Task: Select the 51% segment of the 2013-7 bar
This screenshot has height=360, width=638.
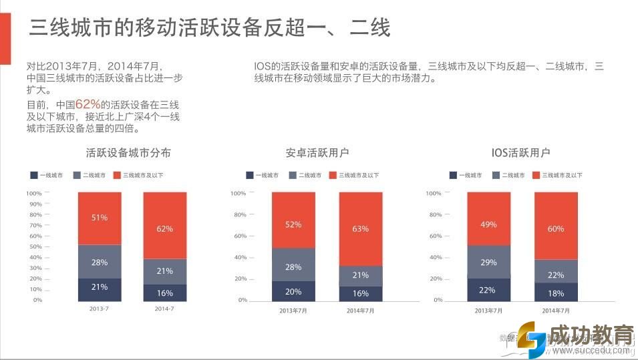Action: [x=100, y=218]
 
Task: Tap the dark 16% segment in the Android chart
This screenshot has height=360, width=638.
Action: [x=361, y=294]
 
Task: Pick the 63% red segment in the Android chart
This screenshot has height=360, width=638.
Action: [x=361, y=229]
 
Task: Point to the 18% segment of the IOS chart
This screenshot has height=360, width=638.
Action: [x=556, y=293]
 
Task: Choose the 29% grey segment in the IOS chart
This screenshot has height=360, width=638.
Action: [x=489, y=262]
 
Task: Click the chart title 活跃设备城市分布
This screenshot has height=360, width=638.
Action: [x=128, y=152]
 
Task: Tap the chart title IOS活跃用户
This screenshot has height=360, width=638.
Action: [x=521, y=152]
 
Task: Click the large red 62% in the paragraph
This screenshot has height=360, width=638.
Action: [x=88, y=104]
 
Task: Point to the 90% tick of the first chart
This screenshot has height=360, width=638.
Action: [x=35, y=204]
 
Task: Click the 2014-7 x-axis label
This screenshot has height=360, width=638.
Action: [x=165, y=309]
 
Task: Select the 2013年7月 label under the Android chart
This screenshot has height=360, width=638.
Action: [x=293, y=311]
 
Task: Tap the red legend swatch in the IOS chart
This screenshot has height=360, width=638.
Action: [x=536, y=175]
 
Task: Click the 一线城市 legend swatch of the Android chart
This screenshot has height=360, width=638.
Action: [x=250, y=175]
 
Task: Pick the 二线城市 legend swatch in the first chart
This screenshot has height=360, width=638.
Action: [x=77, y=175]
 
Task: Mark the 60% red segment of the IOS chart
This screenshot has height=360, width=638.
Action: [x=556, y=229]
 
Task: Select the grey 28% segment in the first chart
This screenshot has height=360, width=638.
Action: [x=100, y=262]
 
